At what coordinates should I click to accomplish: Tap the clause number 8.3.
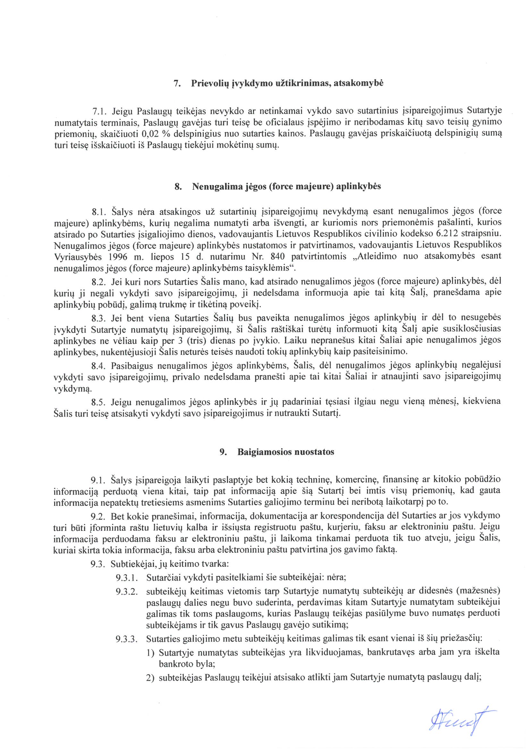click(99, 318)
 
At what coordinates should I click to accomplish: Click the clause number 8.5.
click(99, 401)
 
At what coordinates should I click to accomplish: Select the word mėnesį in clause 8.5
click(447, 401)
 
